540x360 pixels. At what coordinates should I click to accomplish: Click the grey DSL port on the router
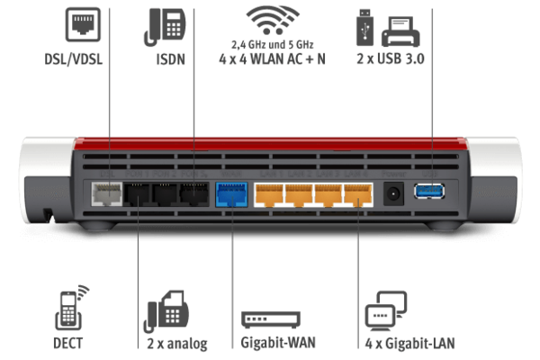pyautogui.click(x=107, y=194)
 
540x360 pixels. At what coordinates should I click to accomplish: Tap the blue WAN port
pyautogui.click(x=231, y=194)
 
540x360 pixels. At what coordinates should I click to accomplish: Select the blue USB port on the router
pyautogui.click(x=429, y=192)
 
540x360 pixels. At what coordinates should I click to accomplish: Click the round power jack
pyautogui.click(x=393, y=194)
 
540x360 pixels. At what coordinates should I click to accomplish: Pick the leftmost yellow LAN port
pyautogui.click(x=269, y=195)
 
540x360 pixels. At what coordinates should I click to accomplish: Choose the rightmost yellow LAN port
pyautogui.click(x=358, y=195)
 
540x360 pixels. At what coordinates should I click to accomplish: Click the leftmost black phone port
pyautogui.click(x=137, y=194)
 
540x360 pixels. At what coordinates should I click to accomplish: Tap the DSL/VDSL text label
pyautogui.click(x=74, y=59)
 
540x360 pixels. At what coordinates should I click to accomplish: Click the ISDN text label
pyautogui.click(x=170, y=59)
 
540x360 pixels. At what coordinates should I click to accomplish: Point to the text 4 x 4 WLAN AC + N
pyautogui.click(x=272, y=58)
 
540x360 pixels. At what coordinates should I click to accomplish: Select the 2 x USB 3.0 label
pyautogui.click(x=391, y=58)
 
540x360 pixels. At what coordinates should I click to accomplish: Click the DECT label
pyautogui.click(x=67, y=343)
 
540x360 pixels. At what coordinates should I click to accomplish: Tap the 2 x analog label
pyautogui.click(x=177, y=344)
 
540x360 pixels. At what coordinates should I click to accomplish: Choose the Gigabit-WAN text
pyautogui.click(x=278, y=343)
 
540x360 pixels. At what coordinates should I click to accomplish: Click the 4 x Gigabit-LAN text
pyautogui.click(x=409, y=344)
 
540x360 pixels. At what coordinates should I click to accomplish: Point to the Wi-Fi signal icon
pyautogui.click(x=273, y=20)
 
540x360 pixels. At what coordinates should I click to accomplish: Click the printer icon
pyautogui.click(x=400, y=31)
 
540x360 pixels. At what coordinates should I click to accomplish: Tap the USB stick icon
pyautogui.click(x=364, y=28)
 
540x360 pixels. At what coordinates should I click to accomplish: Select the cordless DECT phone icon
pyautogui.click(x=71, y=308)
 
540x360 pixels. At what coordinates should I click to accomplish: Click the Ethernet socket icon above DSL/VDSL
pyautogui.click(x=83, y=25)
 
